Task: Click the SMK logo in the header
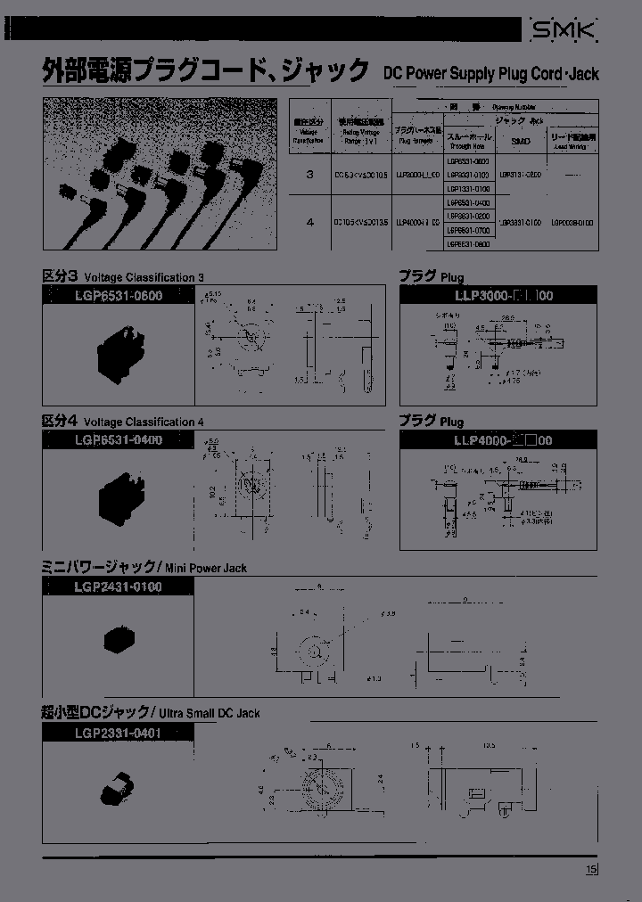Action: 565,32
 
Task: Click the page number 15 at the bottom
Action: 591,871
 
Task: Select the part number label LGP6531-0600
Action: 118,296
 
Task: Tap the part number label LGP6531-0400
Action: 118,439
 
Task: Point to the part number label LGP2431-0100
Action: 118,586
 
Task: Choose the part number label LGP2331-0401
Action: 118,733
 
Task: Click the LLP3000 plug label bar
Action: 498,296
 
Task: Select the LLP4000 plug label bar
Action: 498,439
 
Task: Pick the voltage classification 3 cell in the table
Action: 309,175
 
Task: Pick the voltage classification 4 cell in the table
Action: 309,223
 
